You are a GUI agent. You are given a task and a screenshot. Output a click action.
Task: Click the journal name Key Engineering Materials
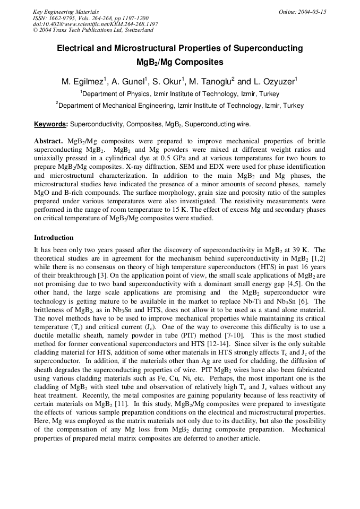coord(65,12)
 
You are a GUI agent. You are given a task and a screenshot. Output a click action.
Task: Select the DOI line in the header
coord(96,24)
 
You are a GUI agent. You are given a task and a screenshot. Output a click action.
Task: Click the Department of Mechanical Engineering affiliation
coord(181,106)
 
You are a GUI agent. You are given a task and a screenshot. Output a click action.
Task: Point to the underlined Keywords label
coord(50,125)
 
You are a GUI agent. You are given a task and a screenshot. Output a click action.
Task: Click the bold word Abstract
coord(49,142)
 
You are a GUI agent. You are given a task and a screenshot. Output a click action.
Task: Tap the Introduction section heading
coord(54,238)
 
